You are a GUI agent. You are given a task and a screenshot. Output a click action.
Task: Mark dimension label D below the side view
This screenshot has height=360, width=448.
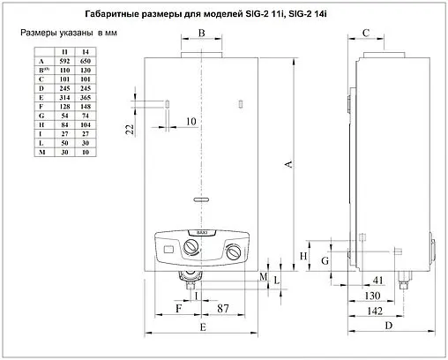click(x=389, y=327)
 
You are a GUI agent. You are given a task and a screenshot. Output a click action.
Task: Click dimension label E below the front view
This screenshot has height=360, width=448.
click(x=201, y=327)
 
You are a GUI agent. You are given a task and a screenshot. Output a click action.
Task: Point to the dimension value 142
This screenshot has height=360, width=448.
click(x=377, y=311)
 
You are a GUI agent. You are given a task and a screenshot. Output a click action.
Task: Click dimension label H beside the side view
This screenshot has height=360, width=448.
click(x=304, y=255)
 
